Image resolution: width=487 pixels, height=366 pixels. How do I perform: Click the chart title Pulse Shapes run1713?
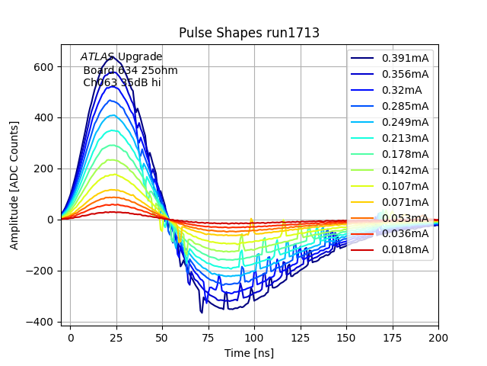point(249,33)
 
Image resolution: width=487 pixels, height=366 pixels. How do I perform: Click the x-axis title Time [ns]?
point(249,353)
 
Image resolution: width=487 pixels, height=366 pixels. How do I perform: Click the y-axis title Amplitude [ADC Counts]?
point(14,185)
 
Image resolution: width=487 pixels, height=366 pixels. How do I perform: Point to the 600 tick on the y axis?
point(42,66)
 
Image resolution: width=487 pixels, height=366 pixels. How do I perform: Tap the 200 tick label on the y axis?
point(42,169)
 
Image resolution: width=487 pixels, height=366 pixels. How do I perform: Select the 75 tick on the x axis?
point(208,336)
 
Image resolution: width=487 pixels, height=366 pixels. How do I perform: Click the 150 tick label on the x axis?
point(346,336)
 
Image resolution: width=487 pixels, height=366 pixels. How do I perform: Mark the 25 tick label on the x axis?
point(116,336)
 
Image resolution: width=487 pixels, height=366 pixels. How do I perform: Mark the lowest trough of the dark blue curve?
point(202,313)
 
